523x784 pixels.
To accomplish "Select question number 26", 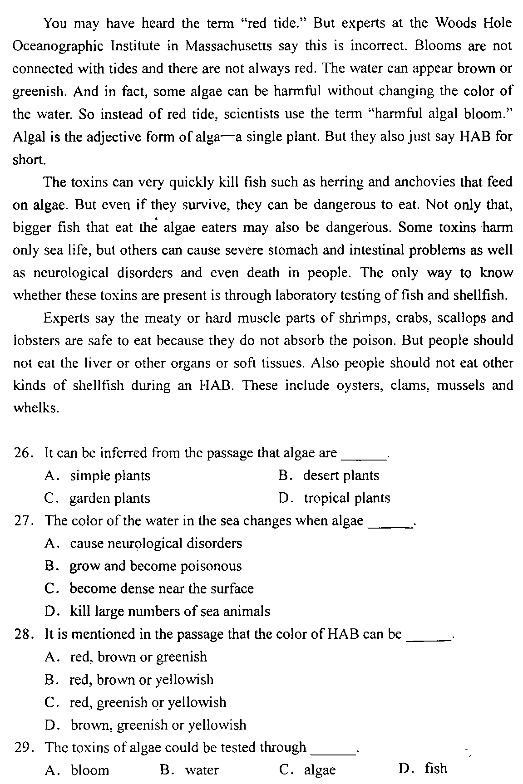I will (x=21, y=453).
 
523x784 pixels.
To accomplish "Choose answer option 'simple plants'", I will (x=110, y=475).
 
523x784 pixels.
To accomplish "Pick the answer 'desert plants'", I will (x=340, y=475).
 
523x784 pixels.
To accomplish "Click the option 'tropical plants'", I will (x=347, y=498).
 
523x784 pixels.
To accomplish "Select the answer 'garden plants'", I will (x=109, y=498).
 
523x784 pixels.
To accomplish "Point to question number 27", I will (x=21, y=521).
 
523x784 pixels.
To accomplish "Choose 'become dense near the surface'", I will (x=162, y=589).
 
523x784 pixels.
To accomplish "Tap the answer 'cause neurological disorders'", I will (x=156, y=544).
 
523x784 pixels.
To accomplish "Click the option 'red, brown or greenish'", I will (x=138, y=657).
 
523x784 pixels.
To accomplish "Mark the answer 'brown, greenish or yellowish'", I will (x=158, y=725).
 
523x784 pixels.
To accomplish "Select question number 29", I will (x=21, y=748).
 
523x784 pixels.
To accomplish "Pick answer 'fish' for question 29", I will (x=436, y=769).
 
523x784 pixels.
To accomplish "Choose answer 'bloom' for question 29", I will (x=90, y=770).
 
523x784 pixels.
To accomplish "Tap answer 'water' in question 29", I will (x=202, y=770).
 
